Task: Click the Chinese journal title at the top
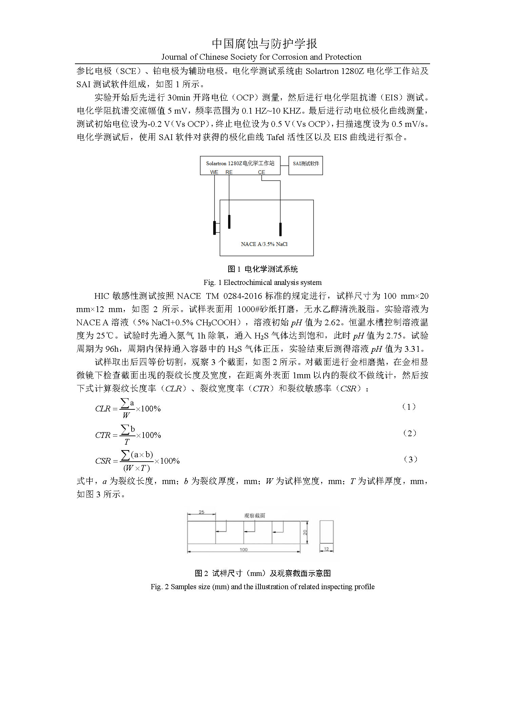[x=265, y=43]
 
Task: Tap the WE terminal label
[x=214, y=172]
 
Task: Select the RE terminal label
[x=229, y=172]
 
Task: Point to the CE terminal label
[x=261, y=172]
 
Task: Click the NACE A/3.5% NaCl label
[x=264, y=244]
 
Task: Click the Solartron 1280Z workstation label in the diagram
[x=240, y=163]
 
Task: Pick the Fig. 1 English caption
[x=263, y=282]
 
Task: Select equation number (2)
[x=409, y=433]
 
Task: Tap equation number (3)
[x=410, y=459]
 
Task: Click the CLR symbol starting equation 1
[x=103, y=409]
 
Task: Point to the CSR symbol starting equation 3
[x=103, y=461]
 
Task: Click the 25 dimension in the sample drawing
[x=201, y=512]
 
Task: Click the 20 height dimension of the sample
[x=305, y=533]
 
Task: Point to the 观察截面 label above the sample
[x=254, y=516]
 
